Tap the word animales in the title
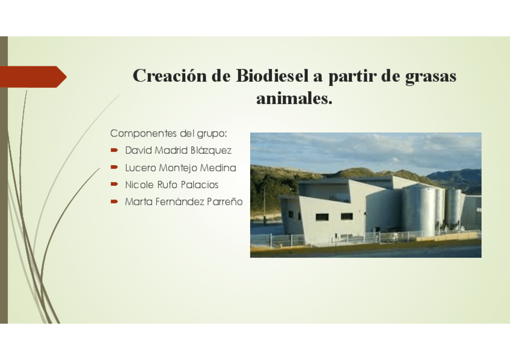click(x=294, y=99)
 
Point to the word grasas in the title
click(x=431, y=76)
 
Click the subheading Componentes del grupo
click(x=168, y=133)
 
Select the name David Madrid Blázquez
click(x=178, y=150)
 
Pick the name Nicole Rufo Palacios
click(x=171, y=185)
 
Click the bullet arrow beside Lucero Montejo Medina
click(x=114, y=168)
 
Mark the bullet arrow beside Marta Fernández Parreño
click(x=114, y=202)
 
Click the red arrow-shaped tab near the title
click(x=33, y=76)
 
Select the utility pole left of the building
click(x=264, y=201)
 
